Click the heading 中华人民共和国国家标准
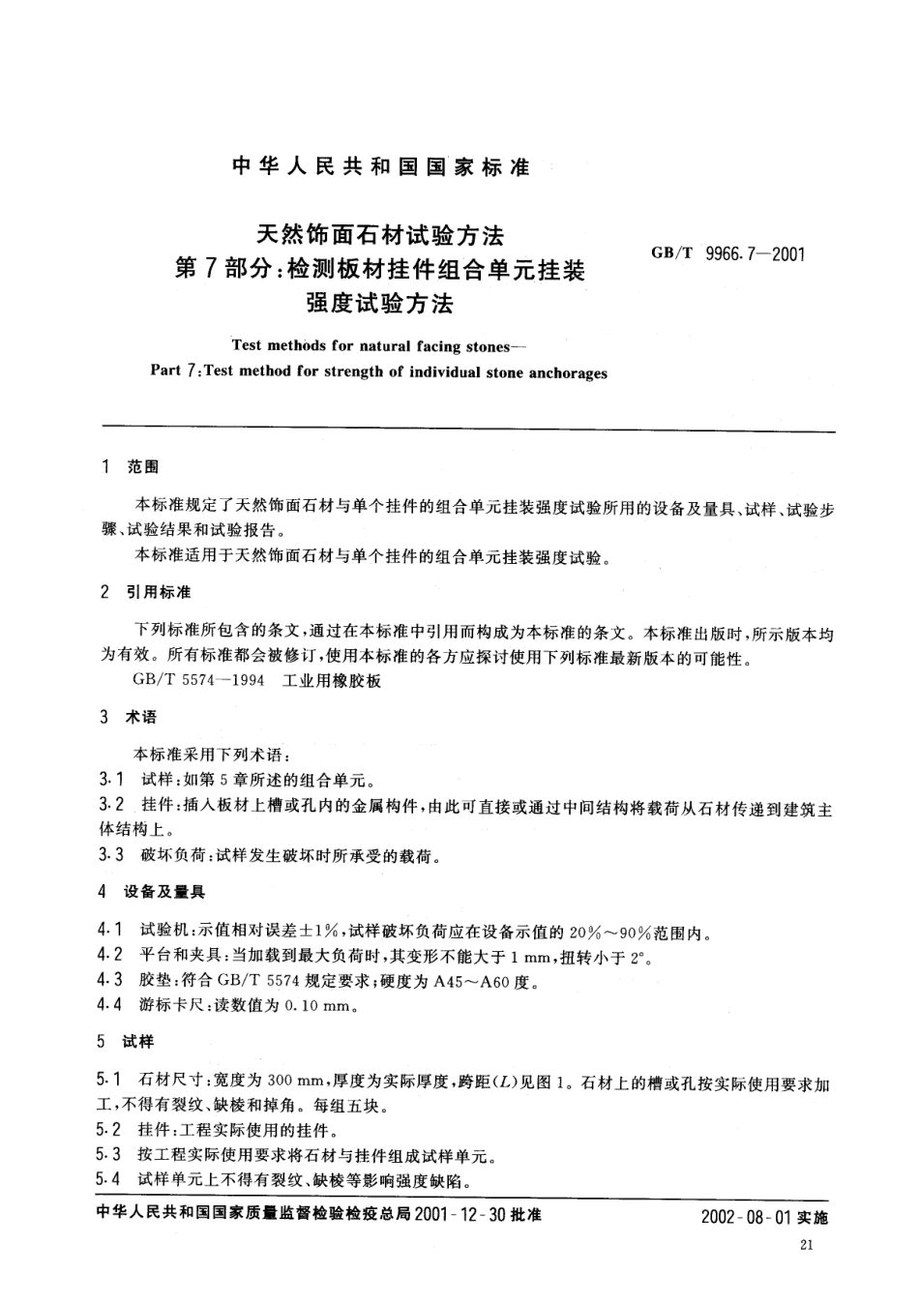(381, 166)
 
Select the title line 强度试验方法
(379, 304)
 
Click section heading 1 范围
(131, 467)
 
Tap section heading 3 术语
(130, 717)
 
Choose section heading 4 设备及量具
(153, 891)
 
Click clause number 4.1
(110, 931)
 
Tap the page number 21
(808, 1246)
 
